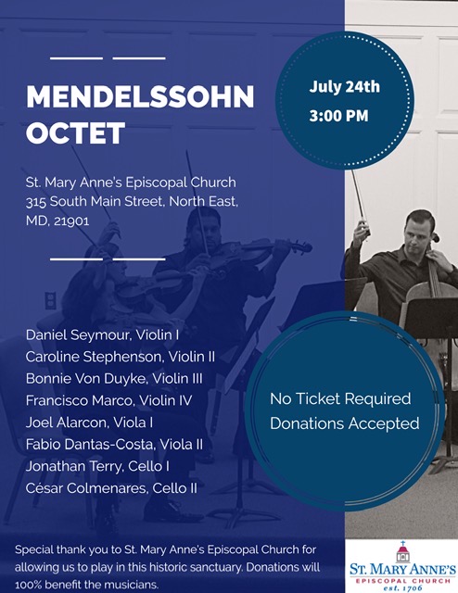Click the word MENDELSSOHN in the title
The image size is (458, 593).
140,97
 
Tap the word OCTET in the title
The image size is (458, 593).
75,132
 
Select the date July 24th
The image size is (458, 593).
345,86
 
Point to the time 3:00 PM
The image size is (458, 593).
338,115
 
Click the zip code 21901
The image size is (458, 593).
71,221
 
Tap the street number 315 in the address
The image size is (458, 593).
36,202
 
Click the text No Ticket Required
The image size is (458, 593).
340,398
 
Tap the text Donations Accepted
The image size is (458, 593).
345,423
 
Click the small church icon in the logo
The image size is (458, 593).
402,552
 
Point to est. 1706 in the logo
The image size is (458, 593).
402,588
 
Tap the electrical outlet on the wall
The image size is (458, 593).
50,300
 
